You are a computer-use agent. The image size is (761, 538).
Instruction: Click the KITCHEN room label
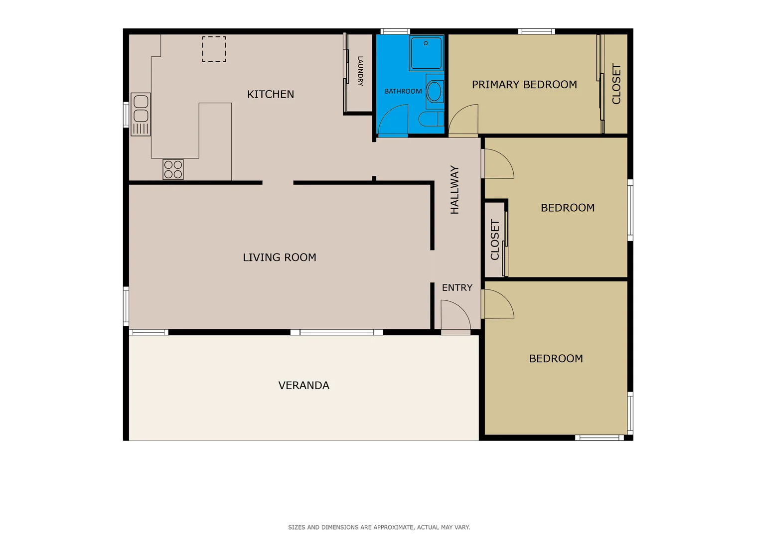[x=271, y=94]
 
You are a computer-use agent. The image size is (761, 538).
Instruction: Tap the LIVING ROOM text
[x=279, y=258]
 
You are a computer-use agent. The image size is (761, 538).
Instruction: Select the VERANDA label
[x=304, y=385]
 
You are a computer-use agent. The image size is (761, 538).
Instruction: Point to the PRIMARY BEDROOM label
[x=524, y=85]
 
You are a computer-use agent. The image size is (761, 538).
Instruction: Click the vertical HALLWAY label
[x=455, y=190]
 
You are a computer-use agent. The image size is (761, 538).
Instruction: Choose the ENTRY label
[x=457, y=287]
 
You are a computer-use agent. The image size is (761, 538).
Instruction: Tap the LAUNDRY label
[x=360, y=71]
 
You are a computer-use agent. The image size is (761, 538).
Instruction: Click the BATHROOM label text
[x=403, y=91]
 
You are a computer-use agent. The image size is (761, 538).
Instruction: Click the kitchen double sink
[x=141, y=114]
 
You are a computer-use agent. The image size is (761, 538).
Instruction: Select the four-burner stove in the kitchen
[x=173, y=169]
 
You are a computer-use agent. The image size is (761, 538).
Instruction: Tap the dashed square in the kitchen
[x=214, y=49]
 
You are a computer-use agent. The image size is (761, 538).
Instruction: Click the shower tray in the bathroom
[x=426, y=53]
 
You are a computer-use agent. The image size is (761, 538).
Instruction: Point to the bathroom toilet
[x=430, y=119]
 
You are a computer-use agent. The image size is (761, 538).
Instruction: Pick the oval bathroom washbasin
[x=434, y=92]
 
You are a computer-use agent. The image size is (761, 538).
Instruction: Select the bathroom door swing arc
[x=393, y=121]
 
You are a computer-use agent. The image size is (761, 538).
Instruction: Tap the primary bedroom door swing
[x=463, y=121]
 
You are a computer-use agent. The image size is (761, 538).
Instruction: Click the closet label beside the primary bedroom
[x=616, y=84]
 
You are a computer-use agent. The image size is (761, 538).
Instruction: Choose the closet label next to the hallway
[x=495, y=240]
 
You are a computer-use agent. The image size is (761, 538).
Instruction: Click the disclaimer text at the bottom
[x=379, y=527]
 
